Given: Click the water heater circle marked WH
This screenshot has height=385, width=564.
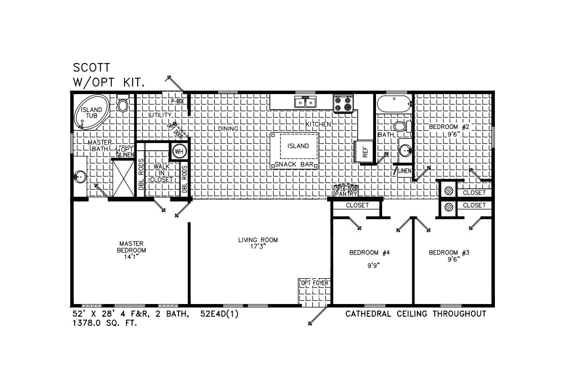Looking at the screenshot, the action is coord(179,152).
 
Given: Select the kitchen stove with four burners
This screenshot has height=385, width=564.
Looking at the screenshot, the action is coord(344,104).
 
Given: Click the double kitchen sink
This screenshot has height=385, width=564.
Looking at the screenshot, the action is coord(305,102).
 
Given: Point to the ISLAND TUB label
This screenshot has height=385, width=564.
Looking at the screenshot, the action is coord(91,112).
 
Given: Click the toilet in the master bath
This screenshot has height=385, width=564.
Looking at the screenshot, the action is coord(123,103).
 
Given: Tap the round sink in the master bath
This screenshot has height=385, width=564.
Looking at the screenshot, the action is coord(80,177).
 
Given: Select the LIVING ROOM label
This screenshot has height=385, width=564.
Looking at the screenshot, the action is coord(258,240).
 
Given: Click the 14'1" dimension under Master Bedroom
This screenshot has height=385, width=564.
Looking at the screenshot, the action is coord(132,257).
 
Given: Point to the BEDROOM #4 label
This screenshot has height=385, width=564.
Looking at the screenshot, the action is coord(369,253).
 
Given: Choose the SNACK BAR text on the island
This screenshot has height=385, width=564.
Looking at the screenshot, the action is coord(294,164).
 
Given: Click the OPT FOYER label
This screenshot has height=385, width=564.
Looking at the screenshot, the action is coord(315,283).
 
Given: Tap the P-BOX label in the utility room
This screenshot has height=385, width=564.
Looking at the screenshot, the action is coord(178,101).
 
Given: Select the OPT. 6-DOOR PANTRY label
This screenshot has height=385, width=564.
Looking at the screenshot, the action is coord(346,192).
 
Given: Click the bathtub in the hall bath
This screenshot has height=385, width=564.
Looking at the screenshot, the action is coord(394,104).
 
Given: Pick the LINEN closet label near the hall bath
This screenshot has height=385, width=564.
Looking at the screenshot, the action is coord(405,171).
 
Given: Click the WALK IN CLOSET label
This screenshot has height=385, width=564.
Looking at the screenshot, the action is coord(161,173).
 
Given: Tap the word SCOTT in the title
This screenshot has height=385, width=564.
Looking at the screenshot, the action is coord(92,68).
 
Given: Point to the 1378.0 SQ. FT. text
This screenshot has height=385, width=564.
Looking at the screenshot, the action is coord(105,323).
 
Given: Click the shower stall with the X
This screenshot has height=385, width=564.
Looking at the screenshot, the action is coord(123,178).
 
